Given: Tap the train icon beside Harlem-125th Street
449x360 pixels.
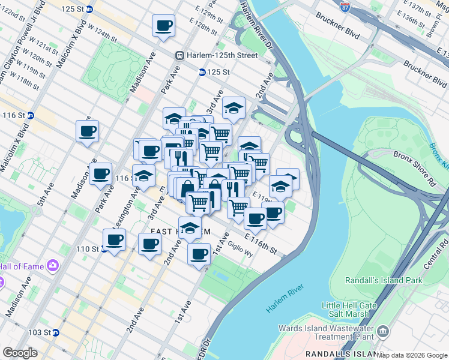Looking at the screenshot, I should point(179,55).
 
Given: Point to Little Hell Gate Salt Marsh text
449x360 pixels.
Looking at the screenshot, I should point(349,310).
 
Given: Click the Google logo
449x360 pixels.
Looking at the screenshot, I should point(20,353).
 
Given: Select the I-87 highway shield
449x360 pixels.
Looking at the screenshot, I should point(345,7).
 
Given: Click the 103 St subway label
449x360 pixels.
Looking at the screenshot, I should point(43,332).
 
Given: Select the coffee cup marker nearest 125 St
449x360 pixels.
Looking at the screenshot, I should point(164,26).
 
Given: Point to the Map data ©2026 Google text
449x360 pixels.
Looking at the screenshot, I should point(412,355).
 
